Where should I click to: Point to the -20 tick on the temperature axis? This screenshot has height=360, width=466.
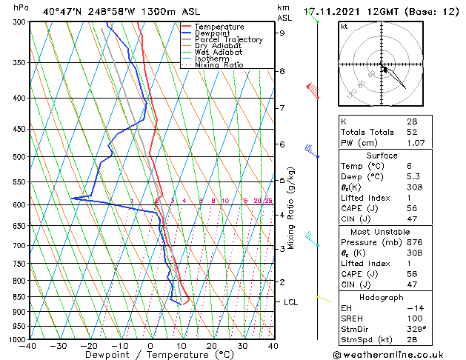(88, 346)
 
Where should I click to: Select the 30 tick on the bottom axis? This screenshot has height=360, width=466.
(242, 346)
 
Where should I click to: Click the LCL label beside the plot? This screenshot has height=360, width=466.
(290, 302)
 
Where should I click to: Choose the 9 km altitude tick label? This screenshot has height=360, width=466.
(282, 33)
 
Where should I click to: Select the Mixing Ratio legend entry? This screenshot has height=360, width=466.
(220, 65)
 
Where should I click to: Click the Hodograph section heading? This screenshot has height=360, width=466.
(382, 297)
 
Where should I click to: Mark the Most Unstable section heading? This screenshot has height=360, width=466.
(382, 231)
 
